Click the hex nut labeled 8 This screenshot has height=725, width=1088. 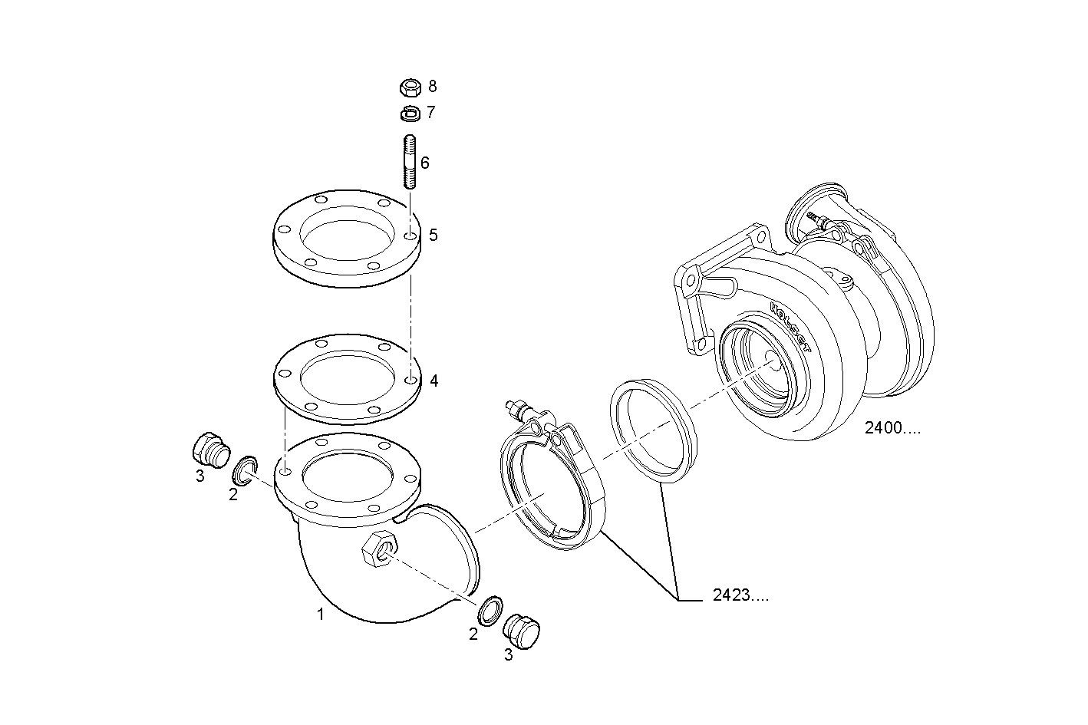pos(410,87)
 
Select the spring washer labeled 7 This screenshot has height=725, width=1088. pos(410,114)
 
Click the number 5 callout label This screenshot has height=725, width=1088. pos(434,235)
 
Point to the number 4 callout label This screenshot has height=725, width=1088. pos(434,381)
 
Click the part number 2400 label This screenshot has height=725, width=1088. pos(892,429)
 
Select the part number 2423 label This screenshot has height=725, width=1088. pos(740,596)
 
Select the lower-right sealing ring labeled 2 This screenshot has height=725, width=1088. pos(490,608)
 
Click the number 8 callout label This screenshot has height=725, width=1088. pos(433,86)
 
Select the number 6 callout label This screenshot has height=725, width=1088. pos(424,163)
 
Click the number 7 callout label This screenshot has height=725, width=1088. pos(431,113)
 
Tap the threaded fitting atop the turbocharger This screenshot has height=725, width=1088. pos(817,219)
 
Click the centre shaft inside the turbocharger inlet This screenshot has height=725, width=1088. pos(770,361)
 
